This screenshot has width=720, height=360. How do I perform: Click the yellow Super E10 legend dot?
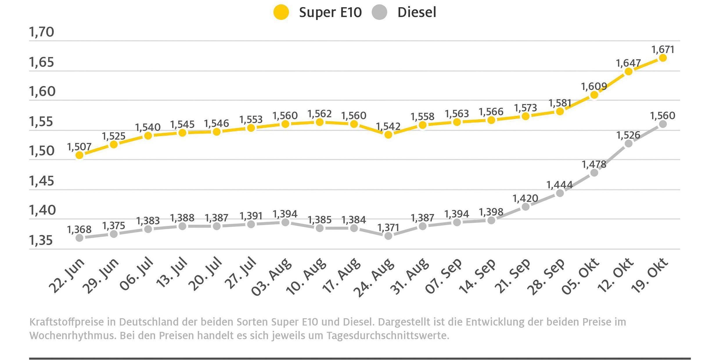pyautogui.click(x=281, y=12)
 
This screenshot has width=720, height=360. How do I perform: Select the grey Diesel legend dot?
pyautogui.click(x=379, y=12)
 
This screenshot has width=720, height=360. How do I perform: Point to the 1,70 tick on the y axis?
pyautogui.click(x=42, y=32)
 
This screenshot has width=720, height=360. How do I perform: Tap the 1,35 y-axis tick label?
pyautogui.click(x=41, y=240)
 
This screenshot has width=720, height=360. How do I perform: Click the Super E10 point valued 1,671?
pyautogui.click(x=663, y=58)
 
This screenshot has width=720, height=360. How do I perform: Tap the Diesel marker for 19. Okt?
pyautogui.click(x=663, y=124)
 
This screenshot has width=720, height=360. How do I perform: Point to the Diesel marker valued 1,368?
pyautogui.click(x=80, y=238)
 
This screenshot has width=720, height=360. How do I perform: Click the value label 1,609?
pyautogui.click(x=594, y=86)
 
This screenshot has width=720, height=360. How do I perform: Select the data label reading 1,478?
pyautogui.click(x=594, y=165)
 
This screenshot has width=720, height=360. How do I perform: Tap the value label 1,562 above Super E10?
pyautogui.click(x=319, y=114)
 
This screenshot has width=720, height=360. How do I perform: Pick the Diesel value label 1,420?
pyautogui.click(x=525, y=199)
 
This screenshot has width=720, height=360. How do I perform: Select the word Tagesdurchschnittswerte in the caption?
pyautogui.click(x=388, y=336)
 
